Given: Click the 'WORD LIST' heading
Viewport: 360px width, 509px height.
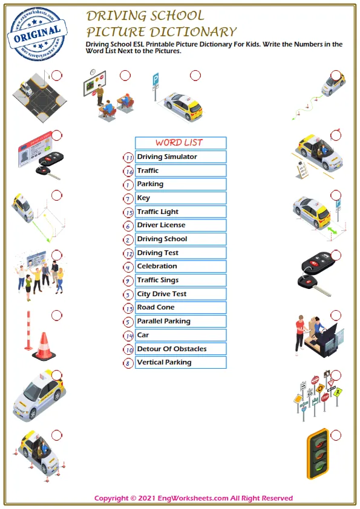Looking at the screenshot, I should click(180, 143).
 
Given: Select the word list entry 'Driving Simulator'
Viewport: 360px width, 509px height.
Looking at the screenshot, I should click(180, 157).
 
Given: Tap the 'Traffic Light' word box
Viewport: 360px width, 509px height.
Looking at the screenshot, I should click(180, 212).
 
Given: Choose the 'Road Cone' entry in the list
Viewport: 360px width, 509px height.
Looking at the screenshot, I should click(180, 308).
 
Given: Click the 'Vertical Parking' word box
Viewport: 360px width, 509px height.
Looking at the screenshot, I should click(180, 363).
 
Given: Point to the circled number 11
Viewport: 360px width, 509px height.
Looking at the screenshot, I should click(128, 157).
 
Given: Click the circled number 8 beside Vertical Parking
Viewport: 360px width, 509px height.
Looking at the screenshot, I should click(128, 363).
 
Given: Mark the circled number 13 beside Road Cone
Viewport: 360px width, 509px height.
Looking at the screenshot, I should click(128, 308).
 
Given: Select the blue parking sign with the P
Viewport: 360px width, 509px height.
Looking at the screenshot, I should click(155, 79).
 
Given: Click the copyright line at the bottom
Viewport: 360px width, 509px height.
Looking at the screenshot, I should click(194, 499).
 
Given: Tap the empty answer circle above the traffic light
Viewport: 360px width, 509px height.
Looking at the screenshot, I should click(336, 435).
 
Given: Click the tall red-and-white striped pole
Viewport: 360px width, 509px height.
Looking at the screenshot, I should click(27, 331).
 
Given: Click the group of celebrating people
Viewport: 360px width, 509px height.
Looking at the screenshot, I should click(38, 276).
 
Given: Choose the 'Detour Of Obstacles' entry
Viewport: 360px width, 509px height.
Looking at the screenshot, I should click(180, 349).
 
